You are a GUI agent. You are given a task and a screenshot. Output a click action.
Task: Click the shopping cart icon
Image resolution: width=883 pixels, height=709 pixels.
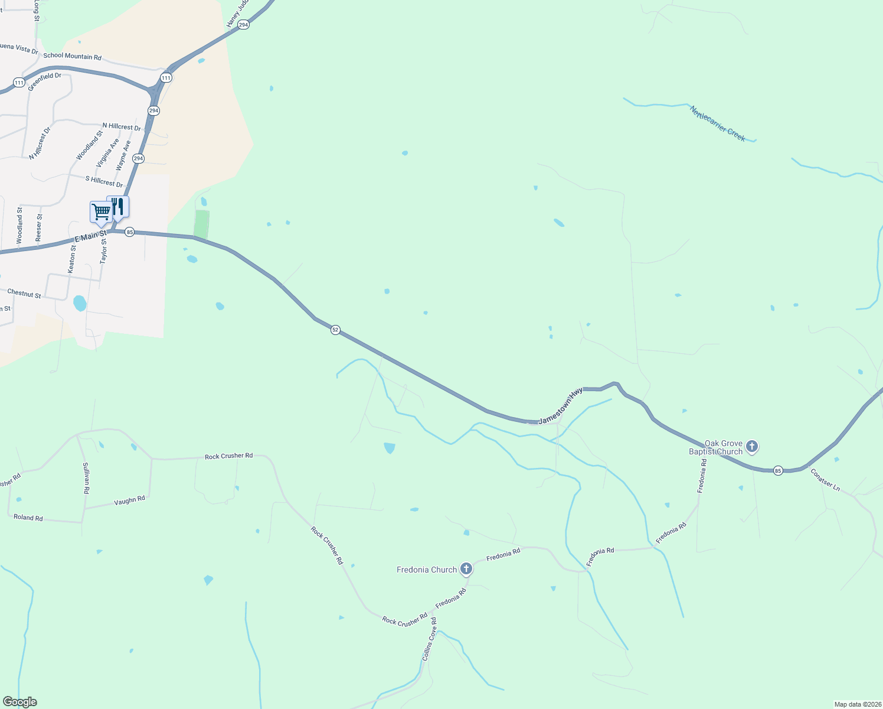tap(101, 212)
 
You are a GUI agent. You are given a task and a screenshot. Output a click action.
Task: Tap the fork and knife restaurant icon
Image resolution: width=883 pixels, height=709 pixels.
tap(118, 206)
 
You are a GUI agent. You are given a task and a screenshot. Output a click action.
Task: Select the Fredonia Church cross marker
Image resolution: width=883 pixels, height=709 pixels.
tap(466, 569)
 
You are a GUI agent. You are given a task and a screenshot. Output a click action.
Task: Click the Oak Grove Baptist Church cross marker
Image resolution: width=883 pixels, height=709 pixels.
tap(751, 446)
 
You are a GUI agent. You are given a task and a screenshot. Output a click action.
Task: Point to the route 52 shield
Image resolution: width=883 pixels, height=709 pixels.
tap(335, 330)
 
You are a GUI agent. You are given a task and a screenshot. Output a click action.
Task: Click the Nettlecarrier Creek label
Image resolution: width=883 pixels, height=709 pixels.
tap(718, 123)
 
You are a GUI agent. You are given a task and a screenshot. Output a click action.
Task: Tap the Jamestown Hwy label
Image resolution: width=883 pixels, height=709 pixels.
tap(560, 406)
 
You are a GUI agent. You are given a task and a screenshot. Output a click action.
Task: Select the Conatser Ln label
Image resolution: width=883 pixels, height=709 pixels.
tap(825, 480)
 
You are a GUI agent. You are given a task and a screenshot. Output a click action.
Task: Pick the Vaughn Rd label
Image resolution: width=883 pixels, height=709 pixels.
tap(129, 500)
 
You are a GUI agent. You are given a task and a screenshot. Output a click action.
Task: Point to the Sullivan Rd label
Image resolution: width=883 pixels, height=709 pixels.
tap(86, 478)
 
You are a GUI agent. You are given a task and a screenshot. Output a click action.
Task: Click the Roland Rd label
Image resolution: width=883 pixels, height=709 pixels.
tap(28, 518)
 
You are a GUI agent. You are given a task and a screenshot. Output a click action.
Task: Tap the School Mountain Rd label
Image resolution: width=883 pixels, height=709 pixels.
tap(72, 57)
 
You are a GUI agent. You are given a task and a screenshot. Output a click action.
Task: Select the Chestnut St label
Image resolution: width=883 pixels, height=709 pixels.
tap(24, 293)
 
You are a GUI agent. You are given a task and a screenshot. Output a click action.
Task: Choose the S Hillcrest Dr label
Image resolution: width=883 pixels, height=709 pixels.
tap(104, 181)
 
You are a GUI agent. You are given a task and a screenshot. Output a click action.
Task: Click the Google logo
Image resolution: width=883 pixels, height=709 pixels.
tap(19, 702)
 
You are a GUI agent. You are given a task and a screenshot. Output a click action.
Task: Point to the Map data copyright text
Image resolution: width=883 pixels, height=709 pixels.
tap(856, 704)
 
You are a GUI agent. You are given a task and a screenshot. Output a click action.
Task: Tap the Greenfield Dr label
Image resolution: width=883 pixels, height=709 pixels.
tap(44, 81)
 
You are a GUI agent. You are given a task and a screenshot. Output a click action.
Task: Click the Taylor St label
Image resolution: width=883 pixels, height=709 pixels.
tap(104, 251)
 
